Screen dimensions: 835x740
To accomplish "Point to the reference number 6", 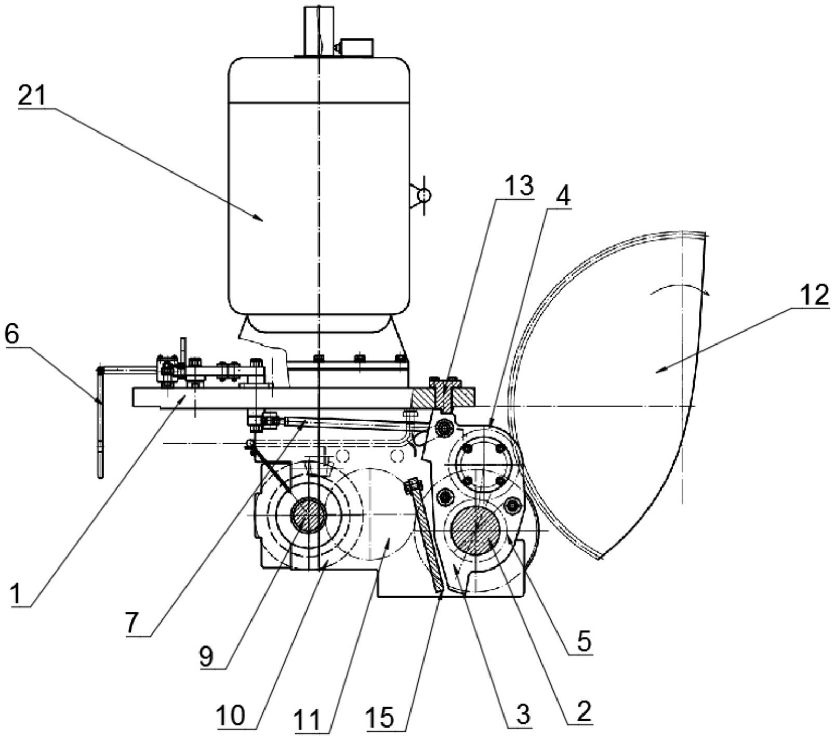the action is (12, 336).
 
